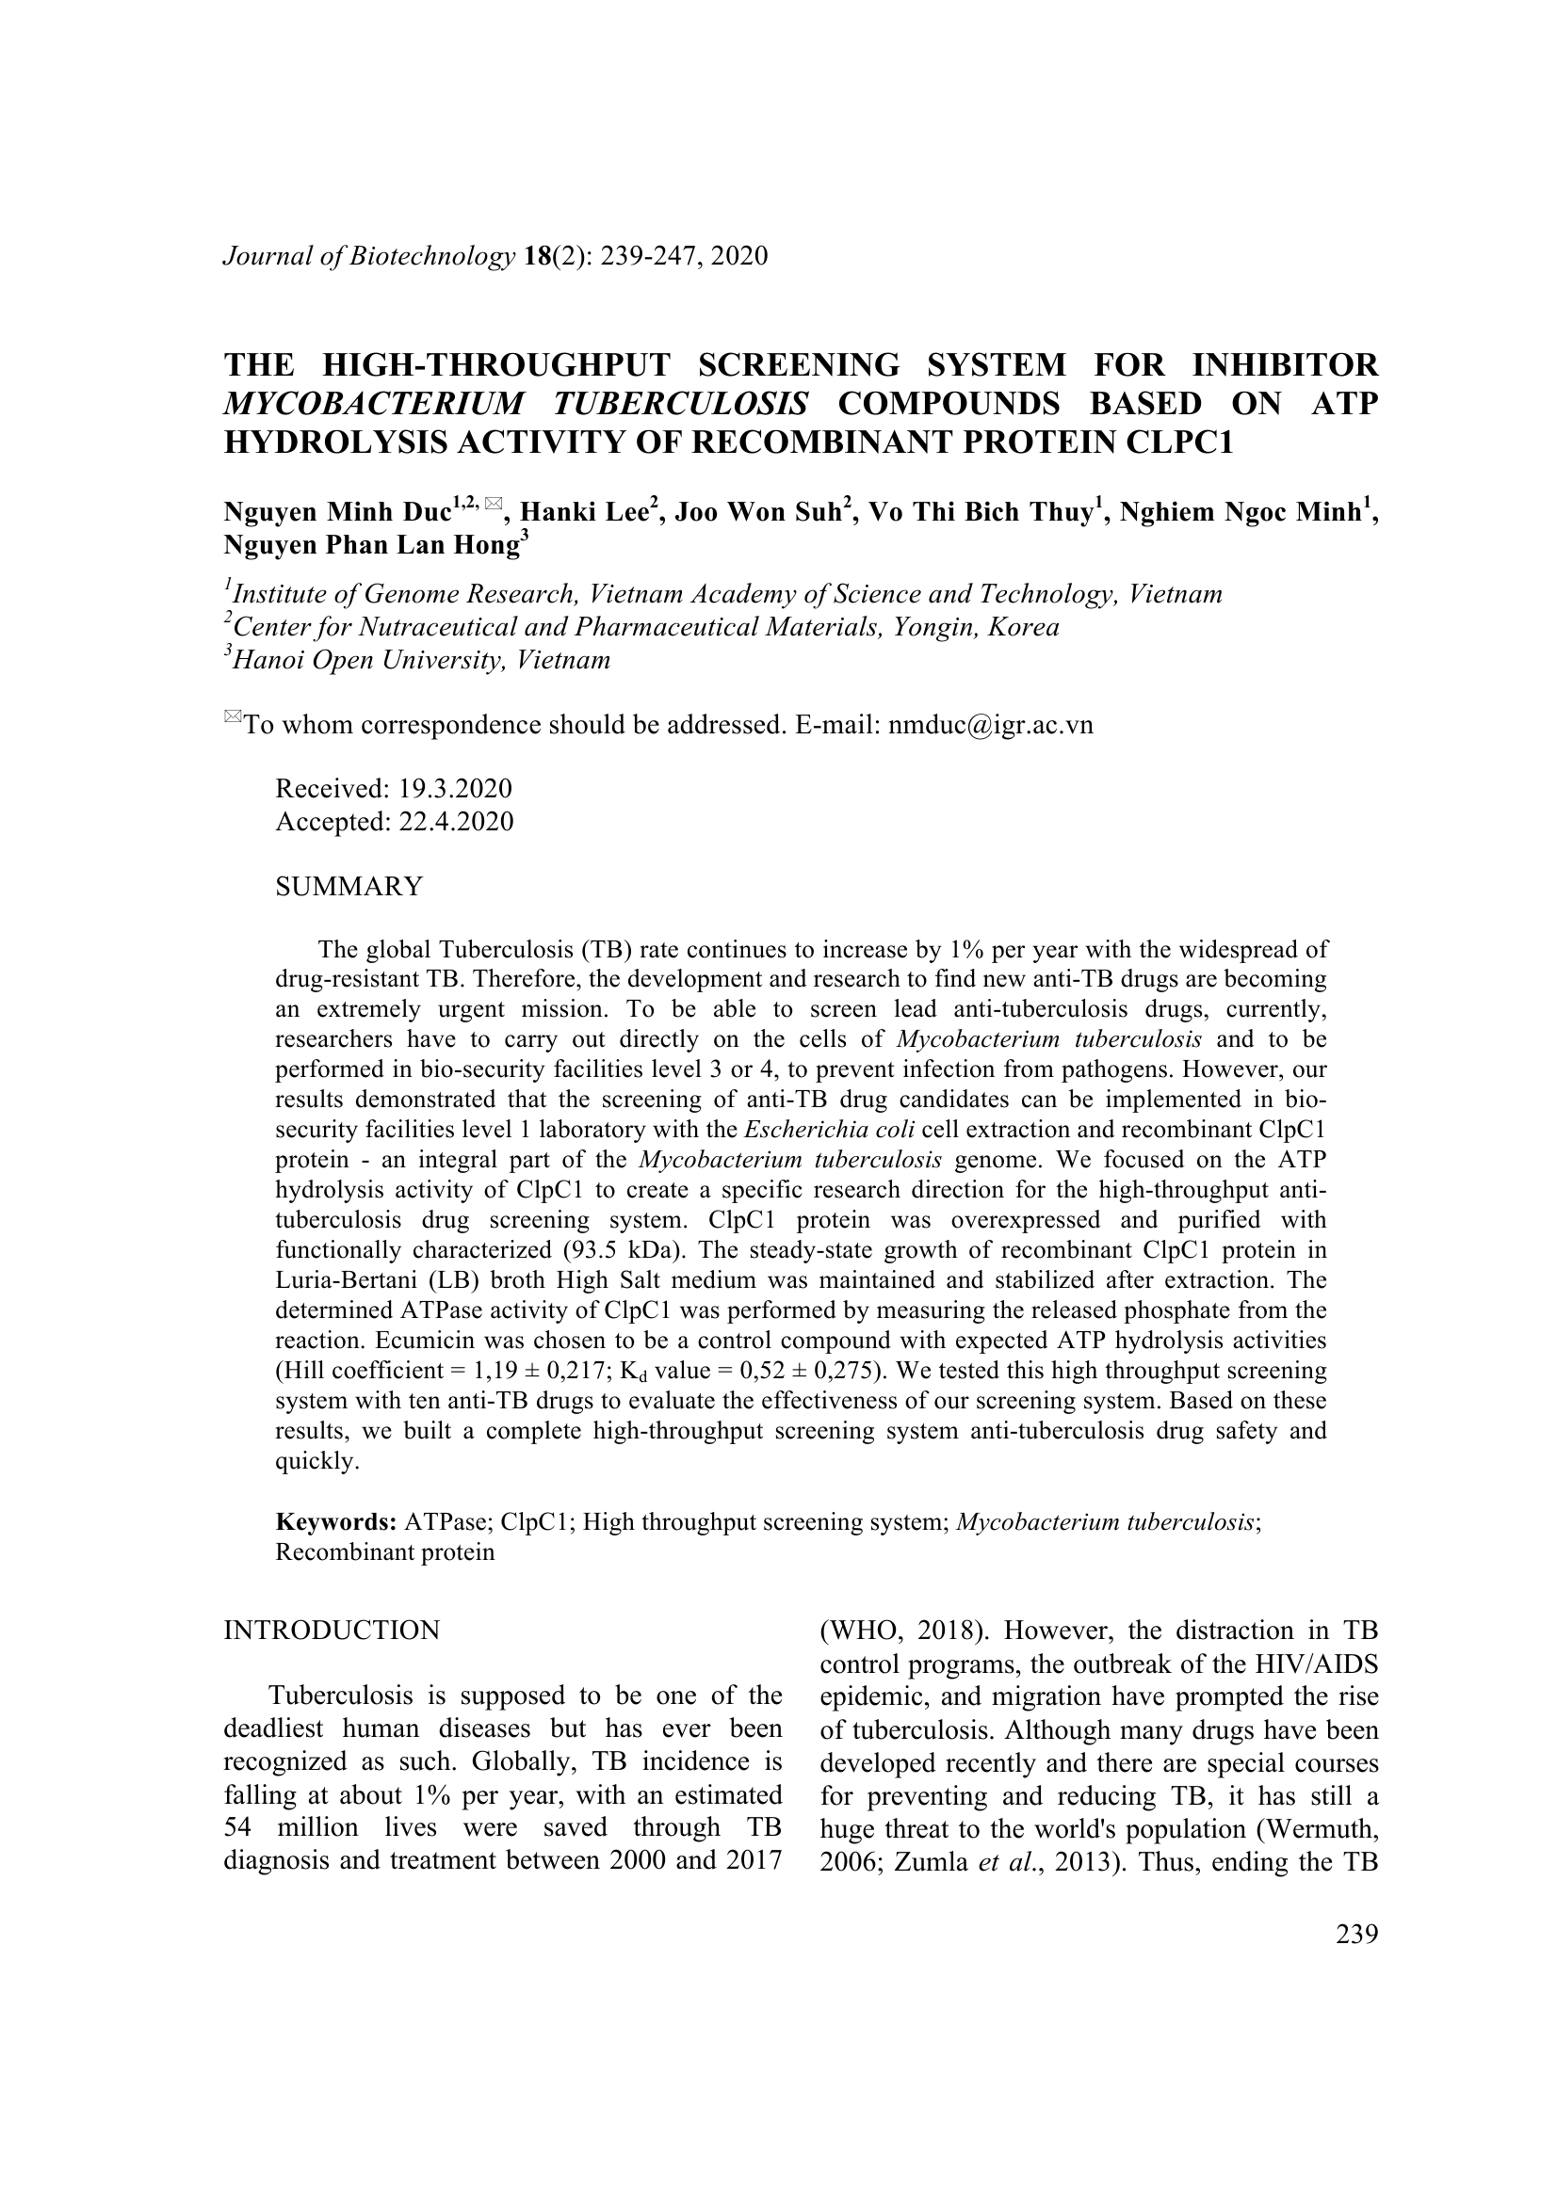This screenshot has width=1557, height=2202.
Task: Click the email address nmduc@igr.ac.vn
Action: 991,725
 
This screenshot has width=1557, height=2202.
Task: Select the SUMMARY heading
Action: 349,886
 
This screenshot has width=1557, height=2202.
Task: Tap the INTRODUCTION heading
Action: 332,1630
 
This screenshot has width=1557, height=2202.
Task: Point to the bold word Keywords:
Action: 335,1522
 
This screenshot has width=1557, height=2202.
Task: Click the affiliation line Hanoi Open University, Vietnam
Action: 421,660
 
